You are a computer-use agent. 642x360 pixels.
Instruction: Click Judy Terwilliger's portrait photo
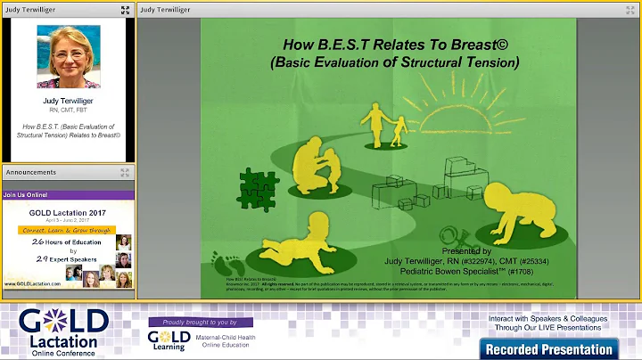[x=69, y=57]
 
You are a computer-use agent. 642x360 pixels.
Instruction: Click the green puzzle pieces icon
[x=258, y=186]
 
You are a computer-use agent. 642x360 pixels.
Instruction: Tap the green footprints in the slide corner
[x=224, y=263]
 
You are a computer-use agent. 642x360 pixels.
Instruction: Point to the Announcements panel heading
[x=32, y=171]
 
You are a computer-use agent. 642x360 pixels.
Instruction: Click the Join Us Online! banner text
[x=26, y=194]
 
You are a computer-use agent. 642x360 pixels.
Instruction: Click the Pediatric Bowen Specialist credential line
[x=502, y=269]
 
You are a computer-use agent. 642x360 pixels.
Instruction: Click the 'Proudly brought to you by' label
[x=201, y=322]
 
